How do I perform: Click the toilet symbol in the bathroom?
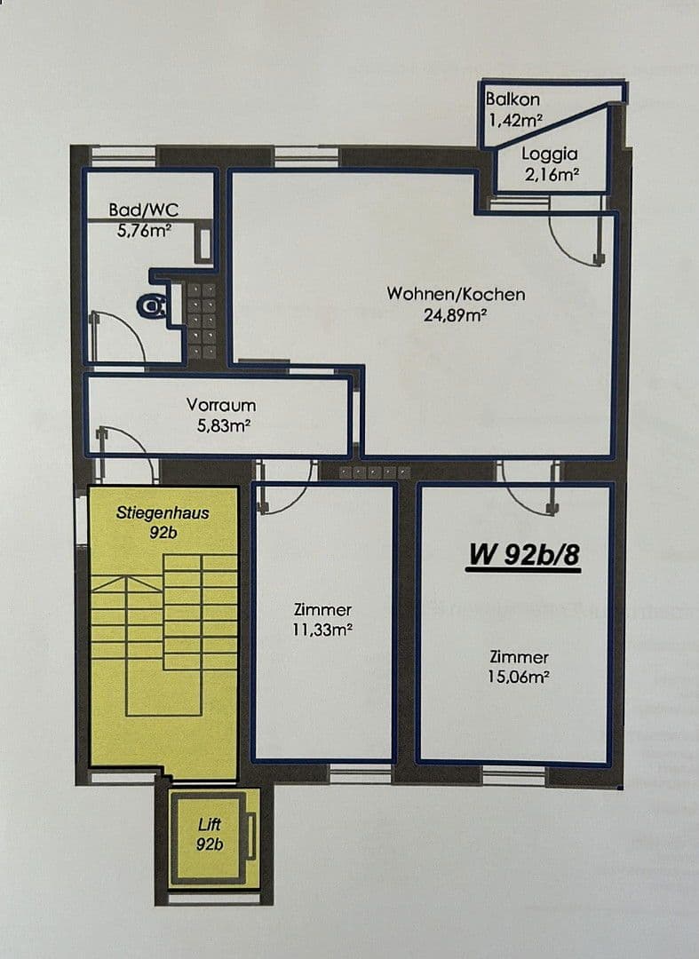coord(154,306)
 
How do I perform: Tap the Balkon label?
coord(512,100)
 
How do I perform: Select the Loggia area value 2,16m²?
coord(552,174)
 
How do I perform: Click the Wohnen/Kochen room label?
coord(456,294)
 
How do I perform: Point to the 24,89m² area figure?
coord(456,314)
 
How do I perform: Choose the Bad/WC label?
coord(143,210)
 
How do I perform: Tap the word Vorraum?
coord(221,405)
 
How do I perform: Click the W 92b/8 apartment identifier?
coord(524,554)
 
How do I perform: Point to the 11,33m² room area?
coord(322,630)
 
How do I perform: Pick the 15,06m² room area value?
coord(520,678)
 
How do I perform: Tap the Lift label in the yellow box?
coord(210,826)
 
